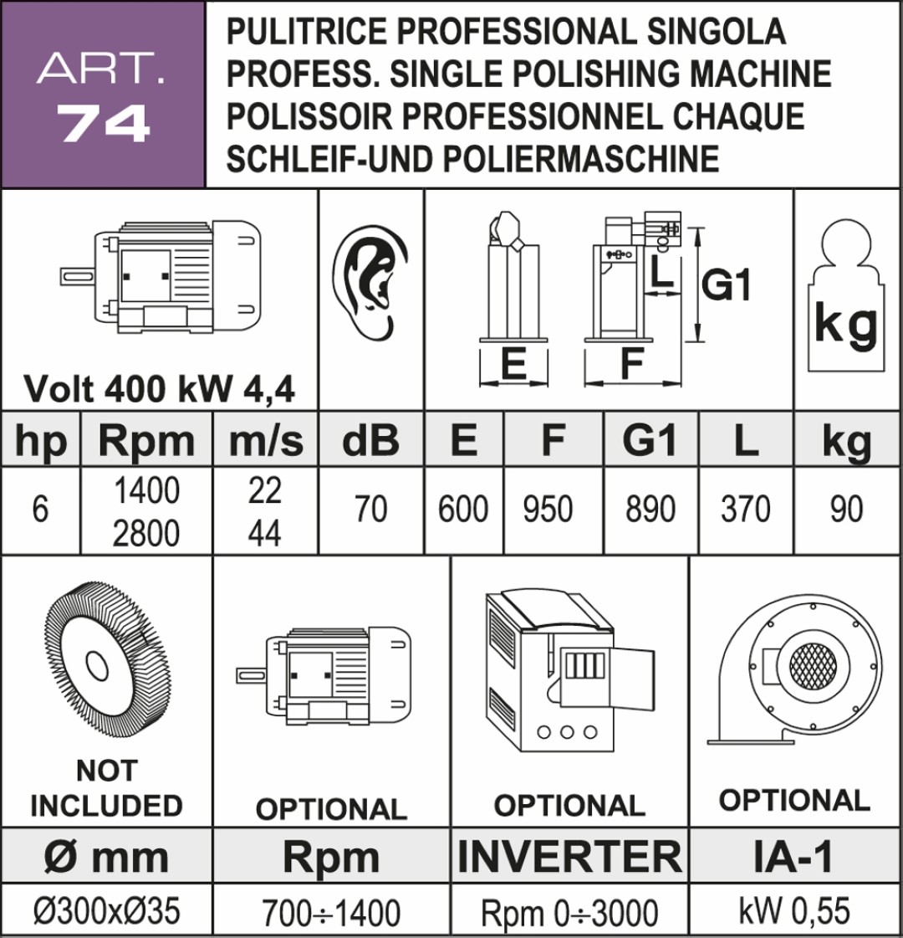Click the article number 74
(x=104, y=123)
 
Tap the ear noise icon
(x=370, y=282)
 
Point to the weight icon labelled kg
(x=845, y=295)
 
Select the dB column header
(x=370, y=439)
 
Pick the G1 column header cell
(x=650, y=439)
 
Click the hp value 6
(x=40, y=509)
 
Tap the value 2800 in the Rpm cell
(x=145, y=533)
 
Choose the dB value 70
(x=370, y=509)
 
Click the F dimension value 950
(x=548, y=509)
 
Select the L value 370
(x=745, y=509)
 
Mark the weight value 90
(x=846, y=509)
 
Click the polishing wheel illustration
(x=107, y=666)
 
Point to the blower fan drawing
(x=794, y=669)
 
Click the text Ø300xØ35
(x=107, y=911)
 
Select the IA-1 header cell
(x=794, y=855)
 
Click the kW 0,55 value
(x=794, y=911)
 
